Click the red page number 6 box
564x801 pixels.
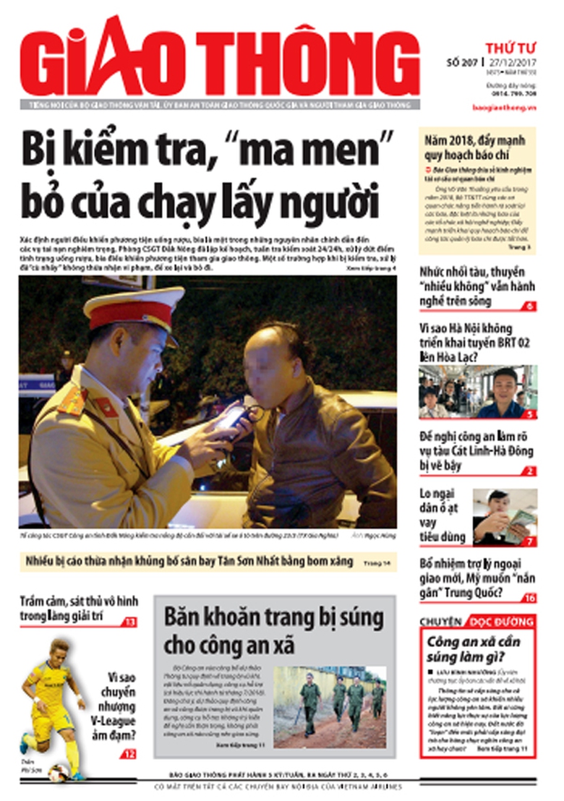(529, 307)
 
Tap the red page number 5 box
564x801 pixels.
(529, 414)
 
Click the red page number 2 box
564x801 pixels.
(529, 471)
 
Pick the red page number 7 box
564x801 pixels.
(529, 541)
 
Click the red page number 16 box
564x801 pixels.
(529, 598)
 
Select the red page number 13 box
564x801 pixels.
(129, 622)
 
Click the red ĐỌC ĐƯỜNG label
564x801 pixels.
(502, 622)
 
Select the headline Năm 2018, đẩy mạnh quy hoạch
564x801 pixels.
(475, 147)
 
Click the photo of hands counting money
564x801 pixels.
(505, 516)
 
